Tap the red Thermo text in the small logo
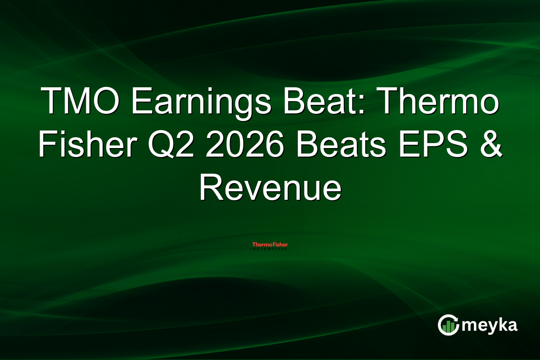pyautogui.click(x=259, y=245)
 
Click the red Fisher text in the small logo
pyautogui.click(x=279, y=245)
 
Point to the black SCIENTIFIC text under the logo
pyautogui.click(x=270, y=249)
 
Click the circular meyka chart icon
pyautogui.click(x=449, y=325)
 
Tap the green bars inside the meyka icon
pyautogui.click(x=448, y=328)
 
